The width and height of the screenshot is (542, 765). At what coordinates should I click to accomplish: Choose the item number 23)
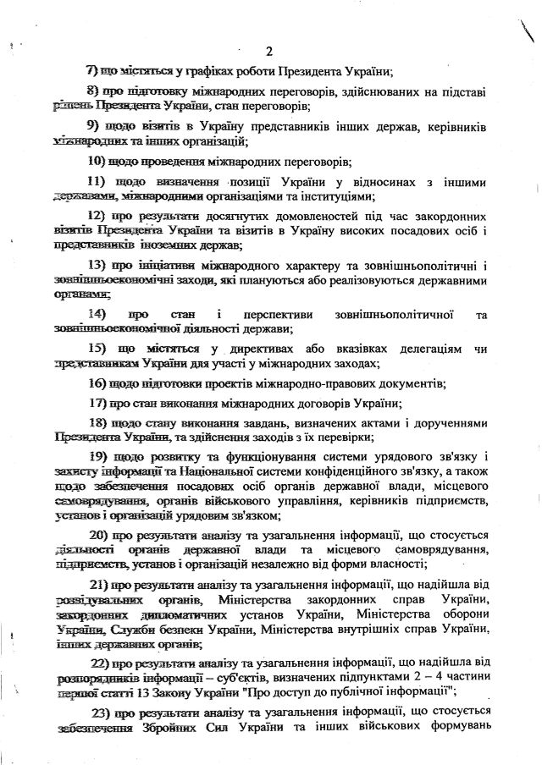100,713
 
